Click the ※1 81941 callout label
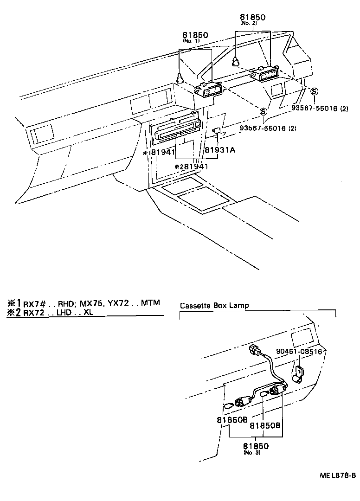coord(159,152)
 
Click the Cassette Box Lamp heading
coord(214,306)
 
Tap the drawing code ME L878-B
coord(337,475)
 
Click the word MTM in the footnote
coord(150,303)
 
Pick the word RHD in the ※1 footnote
coord(66,303)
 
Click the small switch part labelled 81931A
coord(216,132)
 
